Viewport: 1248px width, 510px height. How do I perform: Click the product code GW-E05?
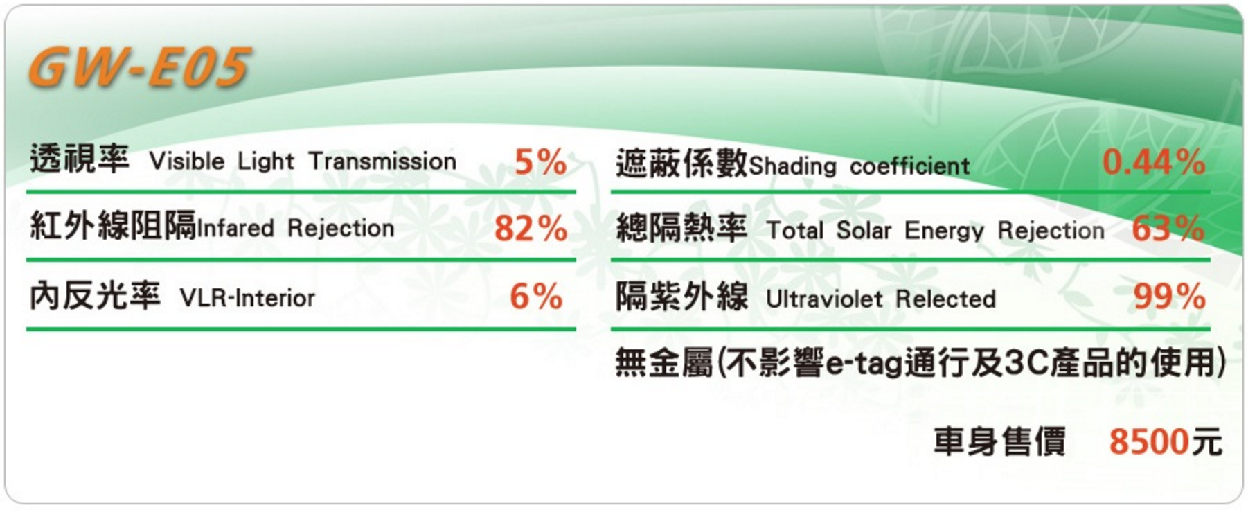[x=139, y=68]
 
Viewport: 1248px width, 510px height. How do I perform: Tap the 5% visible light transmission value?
[x=540, y=162]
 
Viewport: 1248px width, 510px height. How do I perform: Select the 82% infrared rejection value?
[x=531, y=229]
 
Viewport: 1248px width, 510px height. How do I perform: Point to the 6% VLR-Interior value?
[x=536, y=297]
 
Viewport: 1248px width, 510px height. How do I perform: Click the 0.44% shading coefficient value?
[x=1154, y=162]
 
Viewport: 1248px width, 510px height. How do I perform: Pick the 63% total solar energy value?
[x=1168, y=229]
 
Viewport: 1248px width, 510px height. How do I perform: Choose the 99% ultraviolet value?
[x=1169, y=297]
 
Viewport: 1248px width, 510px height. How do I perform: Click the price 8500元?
[x=1166, y=441]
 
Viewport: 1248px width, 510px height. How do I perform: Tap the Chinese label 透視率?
[x=79, y=159]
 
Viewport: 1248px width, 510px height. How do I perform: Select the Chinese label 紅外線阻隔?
[x=113, y=225]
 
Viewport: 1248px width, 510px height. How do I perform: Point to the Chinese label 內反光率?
[x=95, y=295]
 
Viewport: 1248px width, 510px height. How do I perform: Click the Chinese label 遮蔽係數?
[x=682, y=164]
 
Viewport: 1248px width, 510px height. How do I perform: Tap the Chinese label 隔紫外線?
[x=682, y=297]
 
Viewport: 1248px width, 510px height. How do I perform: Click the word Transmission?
[x=382, y=161]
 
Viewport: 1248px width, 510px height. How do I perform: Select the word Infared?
[x=235, y=228]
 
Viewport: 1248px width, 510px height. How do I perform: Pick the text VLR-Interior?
[x=247, y=298]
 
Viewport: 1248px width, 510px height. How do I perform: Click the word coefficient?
[x=909, y=166]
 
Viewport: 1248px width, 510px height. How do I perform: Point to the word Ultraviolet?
[x=824, y=299]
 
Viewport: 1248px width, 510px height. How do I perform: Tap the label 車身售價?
[x=999, y=441]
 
